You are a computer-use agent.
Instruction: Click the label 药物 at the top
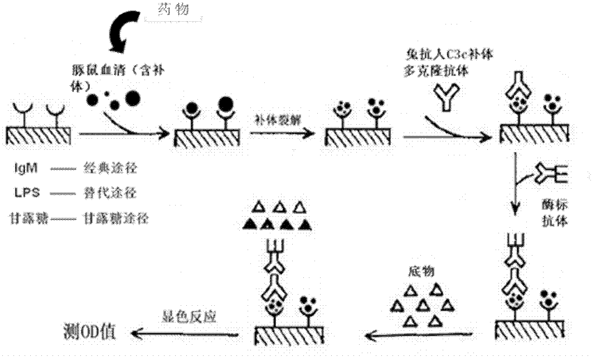173,9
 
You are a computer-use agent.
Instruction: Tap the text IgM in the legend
26,169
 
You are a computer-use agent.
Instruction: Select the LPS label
27,194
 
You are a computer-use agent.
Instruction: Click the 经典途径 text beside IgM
111,169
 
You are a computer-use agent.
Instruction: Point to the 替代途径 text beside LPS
111,194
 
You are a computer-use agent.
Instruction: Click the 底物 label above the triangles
421,271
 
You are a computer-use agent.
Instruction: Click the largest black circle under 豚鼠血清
133,98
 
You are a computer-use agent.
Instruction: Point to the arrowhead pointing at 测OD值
137,334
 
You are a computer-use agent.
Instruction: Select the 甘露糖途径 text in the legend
116,219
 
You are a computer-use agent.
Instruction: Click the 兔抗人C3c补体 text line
450,55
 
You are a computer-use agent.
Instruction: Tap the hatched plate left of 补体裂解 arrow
207,138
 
